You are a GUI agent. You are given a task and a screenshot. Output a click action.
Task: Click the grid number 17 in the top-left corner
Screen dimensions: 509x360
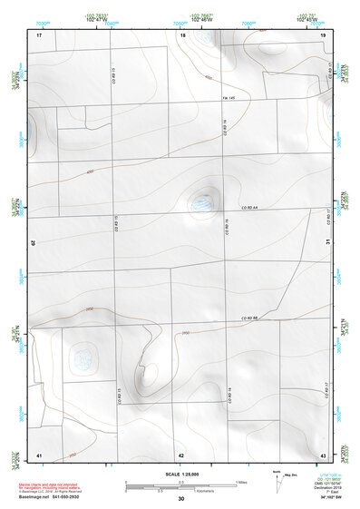[39, 34]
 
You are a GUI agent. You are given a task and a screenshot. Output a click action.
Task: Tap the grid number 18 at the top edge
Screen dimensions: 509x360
[182, 34]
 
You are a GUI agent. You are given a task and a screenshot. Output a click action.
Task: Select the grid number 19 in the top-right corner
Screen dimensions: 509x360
[323, 34]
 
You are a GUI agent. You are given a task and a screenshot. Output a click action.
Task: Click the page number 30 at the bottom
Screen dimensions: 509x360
[180, 499]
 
